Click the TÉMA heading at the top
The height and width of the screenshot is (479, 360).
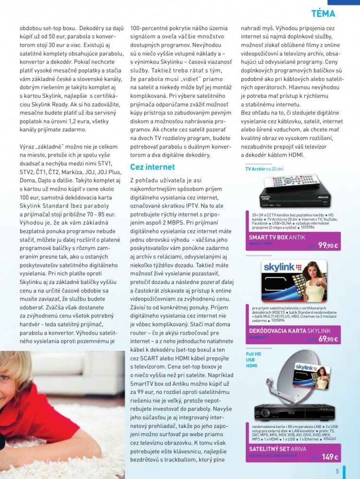pyautogui.click(x=323, y=14)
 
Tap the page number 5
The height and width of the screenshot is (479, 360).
pyautogui.click(x=337, y=470)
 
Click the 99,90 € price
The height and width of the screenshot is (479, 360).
pyautogui.click(x=328, y=246)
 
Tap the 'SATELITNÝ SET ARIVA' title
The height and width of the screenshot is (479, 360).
pyautogui.click(x=277, y=448)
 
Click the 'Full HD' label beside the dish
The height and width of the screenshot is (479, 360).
pyautogui.click(x=253, y=355)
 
